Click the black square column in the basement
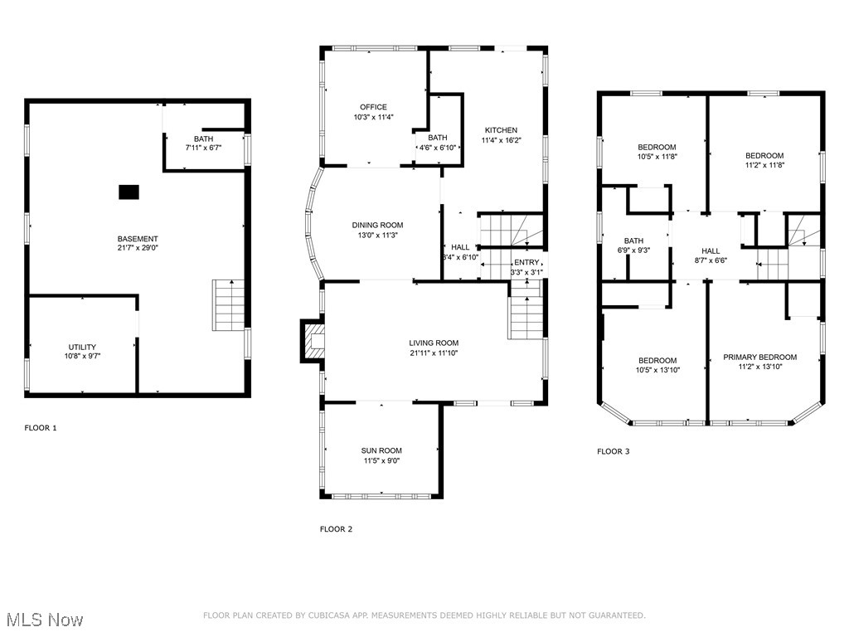pyautogui.click(x=129, y=192)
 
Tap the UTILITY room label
pyautogui.click(x=82, y=347)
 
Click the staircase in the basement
pyautogui.click(x=230, y=305)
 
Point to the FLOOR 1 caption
pyautogui.click(x=41, y=428)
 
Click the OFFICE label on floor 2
pyautogui.click(x=373, y=107)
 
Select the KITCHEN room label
pyautogui.click(x=501, y=130)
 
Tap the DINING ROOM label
pyautogui.click(x=377, y=225)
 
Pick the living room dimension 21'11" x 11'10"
pyautogui.click(x=434, y=353)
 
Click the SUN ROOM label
pyautogui.click(x=382, y=450)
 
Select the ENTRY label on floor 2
pyautogui.click(x=526, y=262)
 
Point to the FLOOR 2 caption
pyautogui.click(x=336, y=529)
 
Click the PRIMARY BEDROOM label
pyautogui.click(x=759, y=357)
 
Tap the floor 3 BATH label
pyautogui.click(x=633, y=241)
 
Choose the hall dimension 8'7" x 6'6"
pyautogui.click(x=711, y=260)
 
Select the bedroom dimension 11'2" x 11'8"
pyautogui.click(x=764, y=165)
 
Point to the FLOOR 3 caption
pyautogui.click(x=614, y=452)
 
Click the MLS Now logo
pyautogui.click(x=43, y=620)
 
